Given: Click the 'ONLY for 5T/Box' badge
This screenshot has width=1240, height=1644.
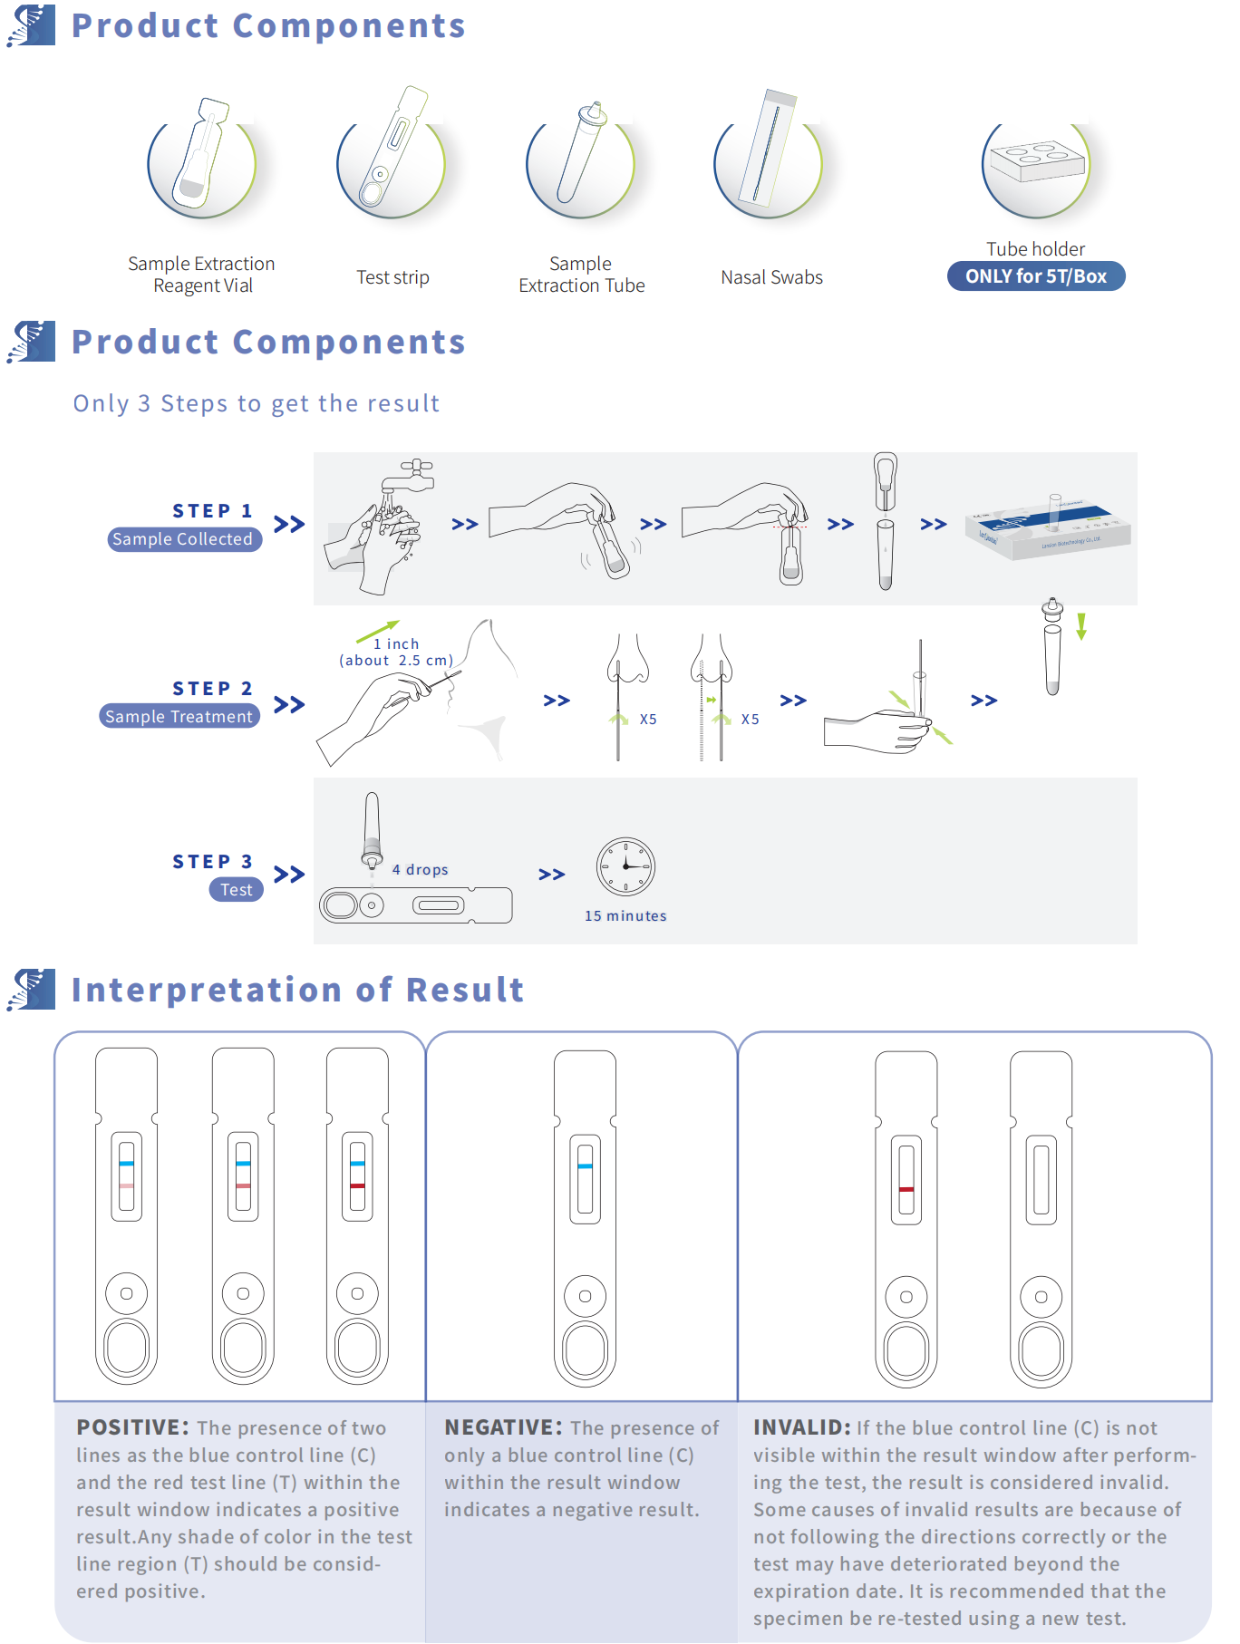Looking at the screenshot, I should click(1035, 276).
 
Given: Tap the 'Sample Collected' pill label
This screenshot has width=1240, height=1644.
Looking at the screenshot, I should click(184, 539).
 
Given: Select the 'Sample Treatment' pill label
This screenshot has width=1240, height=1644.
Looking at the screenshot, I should click(179, 717).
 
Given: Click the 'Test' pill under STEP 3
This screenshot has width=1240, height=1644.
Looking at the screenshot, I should click(237, 890).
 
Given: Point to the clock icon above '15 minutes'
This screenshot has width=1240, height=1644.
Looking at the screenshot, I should click(625, 867).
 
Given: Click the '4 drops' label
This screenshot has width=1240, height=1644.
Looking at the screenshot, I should click(421, 870).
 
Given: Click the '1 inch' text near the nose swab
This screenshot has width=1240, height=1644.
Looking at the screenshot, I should click(396, 644).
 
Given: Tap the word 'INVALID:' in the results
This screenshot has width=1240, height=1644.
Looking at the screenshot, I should click(801, 1428).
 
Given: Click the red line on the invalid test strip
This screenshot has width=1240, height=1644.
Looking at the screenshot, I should click(906, 1189).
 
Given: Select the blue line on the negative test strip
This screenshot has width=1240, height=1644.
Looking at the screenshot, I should click(586, 1166).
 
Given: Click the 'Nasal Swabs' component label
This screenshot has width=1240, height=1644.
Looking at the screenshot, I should click(771, 277).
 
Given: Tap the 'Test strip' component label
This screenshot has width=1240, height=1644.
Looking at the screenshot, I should click(392, 277).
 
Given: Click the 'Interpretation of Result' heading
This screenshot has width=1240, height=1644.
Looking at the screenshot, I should click(297, 990).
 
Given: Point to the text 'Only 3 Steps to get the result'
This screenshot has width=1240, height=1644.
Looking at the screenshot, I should click(257, 403).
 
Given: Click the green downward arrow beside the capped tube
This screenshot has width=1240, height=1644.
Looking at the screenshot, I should click(1081, 626).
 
